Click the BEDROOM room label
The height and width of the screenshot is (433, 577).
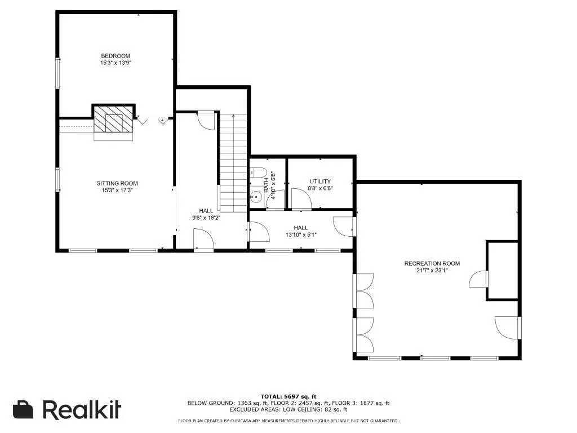(116, 56)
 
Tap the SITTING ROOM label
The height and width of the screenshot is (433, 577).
(117, 183)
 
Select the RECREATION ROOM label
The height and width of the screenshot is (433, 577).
(432, 264)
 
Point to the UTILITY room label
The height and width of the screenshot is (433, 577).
(320, 182)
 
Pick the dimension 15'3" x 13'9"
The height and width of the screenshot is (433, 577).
(116, 63)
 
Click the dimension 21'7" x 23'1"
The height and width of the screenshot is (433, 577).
(432, 271)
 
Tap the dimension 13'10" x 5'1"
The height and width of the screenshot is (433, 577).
(301, 235)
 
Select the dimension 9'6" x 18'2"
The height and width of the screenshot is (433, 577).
(206, 218)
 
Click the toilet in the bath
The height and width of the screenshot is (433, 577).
(258, 172)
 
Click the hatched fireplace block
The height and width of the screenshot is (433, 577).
(113, 120)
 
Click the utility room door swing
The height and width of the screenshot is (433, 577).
(301, 199)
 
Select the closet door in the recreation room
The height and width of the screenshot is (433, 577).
(478, 279)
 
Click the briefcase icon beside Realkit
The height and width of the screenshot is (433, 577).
(23, 409)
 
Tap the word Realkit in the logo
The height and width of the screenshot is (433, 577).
(82, 409)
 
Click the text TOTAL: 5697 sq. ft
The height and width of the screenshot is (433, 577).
(288, 396)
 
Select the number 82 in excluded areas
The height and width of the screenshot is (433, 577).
(327, 409)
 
